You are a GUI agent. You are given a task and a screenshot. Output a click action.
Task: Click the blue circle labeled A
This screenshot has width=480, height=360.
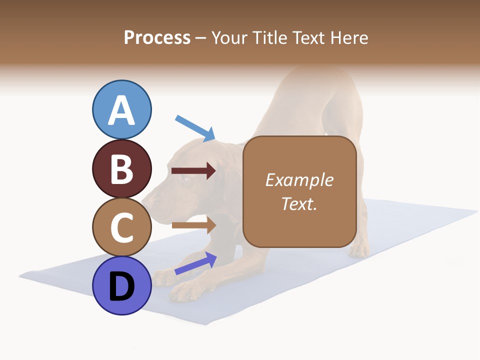pos(122,109)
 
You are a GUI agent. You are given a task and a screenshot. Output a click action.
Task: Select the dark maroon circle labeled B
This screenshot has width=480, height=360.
pos(122,168)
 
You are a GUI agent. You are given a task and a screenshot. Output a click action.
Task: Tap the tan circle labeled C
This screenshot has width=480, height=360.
pos(122,227)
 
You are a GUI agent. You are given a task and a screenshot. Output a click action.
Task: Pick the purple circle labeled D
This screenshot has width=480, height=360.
pos(122,285)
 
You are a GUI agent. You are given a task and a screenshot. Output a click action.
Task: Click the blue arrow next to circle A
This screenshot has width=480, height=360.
pos(195,128)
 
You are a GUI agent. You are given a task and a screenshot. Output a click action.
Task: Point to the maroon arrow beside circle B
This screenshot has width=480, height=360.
pos(193,171)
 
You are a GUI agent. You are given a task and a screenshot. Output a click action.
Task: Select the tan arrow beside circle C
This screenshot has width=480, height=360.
pos(193,225)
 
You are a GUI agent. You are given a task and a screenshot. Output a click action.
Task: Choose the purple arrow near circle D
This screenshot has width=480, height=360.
pos(195,263)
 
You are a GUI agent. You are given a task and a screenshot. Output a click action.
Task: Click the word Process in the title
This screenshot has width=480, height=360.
pos(157,37)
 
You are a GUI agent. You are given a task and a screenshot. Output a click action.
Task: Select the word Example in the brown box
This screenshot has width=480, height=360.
pos(299,180)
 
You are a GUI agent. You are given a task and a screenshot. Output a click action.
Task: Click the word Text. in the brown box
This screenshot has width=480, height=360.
pos(299,203)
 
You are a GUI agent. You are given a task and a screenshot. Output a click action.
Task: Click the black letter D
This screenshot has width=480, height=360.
pos(122,287)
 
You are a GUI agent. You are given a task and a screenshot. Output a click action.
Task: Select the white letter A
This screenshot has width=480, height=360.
pos(122,110)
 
